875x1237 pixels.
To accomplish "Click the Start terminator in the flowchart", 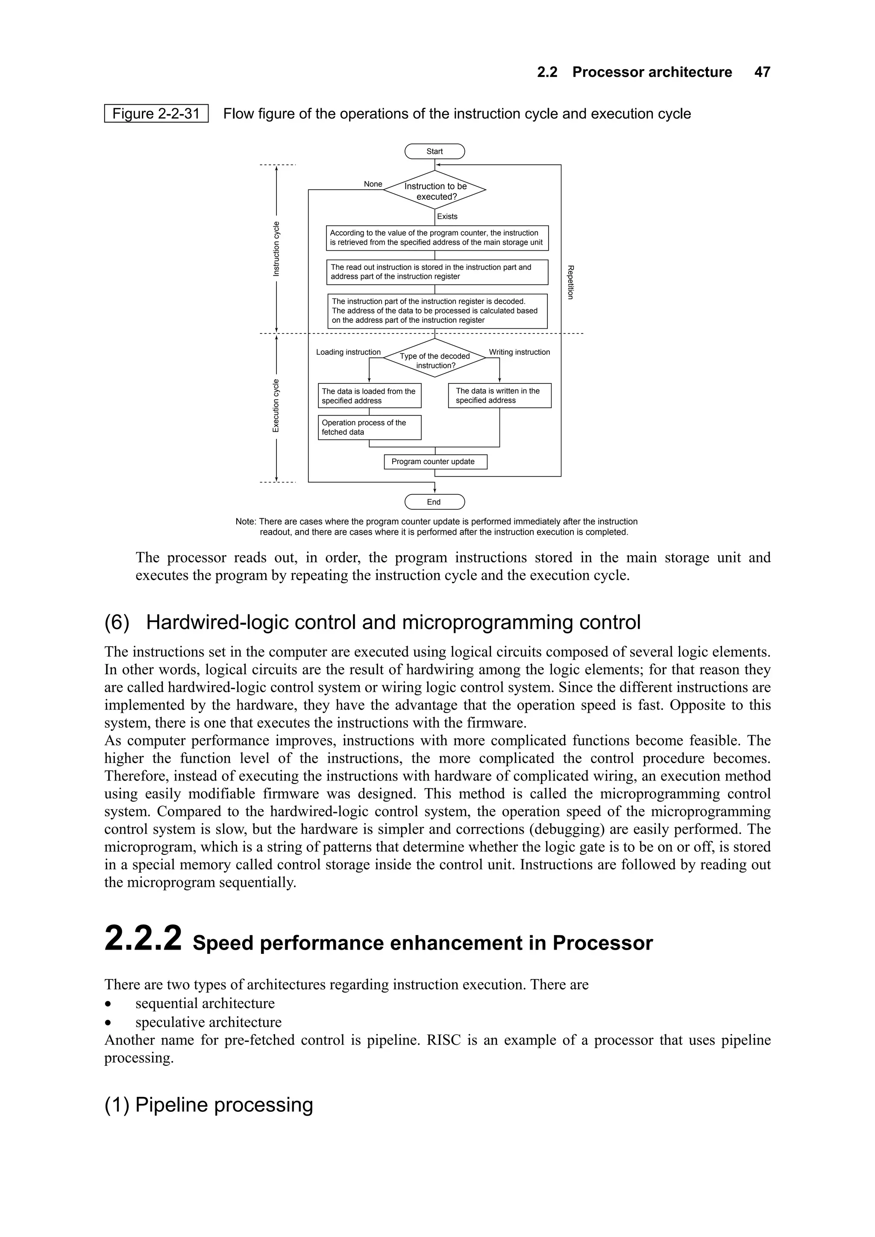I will click(435, 152).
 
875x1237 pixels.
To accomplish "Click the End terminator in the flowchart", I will click(435, 502).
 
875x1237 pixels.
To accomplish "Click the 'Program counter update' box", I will click(435, 462).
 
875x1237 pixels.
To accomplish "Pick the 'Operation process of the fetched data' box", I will click(369, 427).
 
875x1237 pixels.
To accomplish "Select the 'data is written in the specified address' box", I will click(499, 395).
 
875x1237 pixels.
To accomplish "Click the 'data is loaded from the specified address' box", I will click(369, 396).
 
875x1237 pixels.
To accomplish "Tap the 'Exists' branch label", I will click(447, 216).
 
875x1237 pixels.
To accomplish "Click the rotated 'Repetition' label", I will click(570, 282).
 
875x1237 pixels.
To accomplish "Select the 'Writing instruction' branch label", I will click(519, 352).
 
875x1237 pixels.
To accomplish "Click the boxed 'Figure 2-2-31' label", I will click(156, 114).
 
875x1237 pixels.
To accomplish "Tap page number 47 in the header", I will click(762, 72).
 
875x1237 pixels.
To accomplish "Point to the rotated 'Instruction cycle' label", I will click(276, 249).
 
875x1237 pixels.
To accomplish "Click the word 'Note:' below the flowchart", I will click(246, 521).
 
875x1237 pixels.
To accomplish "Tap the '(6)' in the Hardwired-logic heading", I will click(117, 622).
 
